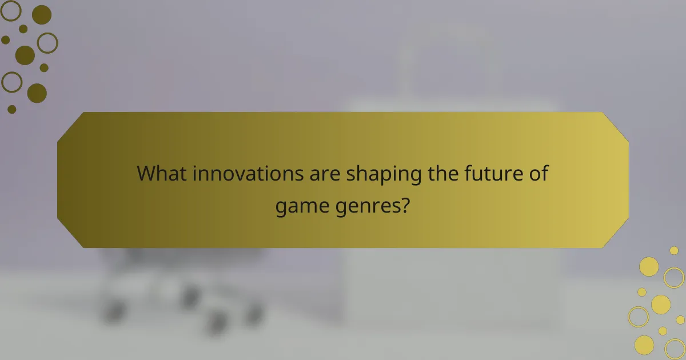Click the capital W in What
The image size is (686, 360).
tap(146, 173)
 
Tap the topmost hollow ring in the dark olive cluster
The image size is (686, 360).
tap(11, 10)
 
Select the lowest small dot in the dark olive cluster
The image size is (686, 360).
tap(11, 109)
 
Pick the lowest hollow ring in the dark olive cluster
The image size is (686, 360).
tap(11, 82)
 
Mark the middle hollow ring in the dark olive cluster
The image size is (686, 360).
tap(47, 42)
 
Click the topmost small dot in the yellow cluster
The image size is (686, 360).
tap(674, 250)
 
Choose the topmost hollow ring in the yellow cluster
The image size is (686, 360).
tap(674, 278)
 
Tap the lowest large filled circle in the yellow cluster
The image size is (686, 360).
tap(644, 344)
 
